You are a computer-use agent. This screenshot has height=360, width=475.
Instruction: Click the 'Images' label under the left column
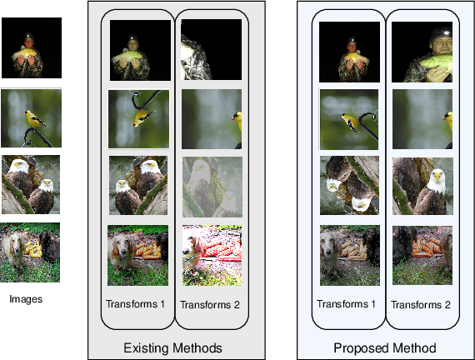click(x=26, y=299)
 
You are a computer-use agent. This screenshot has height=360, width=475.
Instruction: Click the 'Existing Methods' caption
click(x=172, y=347)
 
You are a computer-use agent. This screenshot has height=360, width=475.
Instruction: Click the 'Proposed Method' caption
click(x=385, y=347)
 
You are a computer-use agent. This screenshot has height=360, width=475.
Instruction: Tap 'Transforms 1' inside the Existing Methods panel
click(x=135, y=303)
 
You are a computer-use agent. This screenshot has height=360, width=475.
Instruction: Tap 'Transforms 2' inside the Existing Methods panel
click(x=210, y=304)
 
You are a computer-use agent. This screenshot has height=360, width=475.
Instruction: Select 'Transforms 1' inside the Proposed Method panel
click(x=347, y=303)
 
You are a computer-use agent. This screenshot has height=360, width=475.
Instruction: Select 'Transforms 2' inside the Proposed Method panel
click(x=421, y=304)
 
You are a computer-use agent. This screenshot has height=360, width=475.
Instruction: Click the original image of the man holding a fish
click(x=32, y=47)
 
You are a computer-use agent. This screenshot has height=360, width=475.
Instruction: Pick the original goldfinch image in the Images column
click(x=31, y=117)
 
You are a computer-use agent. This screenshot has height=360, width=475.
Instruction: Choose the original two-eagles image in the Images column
click(x=31, y=184)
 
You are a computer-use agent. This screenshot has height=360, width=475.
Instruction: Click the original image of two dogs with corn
click(x=30, y=252)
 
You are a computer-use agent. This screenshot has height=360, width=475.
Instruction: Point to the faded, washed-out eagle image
click(x=212, y=187)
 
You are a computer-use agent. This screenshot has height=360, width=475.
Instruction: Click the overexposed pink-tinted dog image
click(x=212, y=256)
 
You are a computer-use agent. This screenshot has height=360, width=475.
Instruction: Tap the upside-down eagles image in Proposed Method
click(x=350, y=186)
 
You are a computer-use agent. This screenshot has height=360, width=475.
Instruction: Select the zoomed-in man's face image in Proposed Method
click(x=422, y=52)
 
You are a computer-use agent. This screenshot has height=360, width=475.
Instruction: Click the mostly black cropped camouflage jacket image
click(x=212, y=50)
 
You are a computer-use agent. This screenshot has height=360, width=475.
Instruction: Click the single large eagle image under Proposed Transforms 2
click(x=422, y=186)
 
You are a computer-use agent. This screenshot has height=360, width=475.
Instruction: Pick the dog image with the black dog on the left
click(x=422, y=255)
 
